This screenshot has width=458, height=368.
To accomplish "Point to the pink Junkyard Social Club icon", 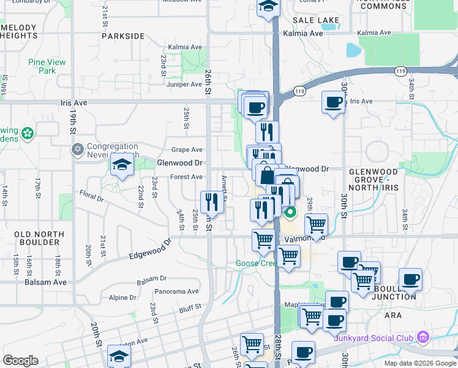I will tap(422, 337).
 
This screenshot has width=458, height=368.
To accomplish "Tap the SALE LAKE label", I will tap(315, 20).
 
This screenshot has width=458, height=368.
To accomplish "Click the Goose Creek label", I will tap(256, 264).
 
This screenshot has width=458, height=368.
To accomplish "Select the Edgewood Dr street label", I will tap(151, 251).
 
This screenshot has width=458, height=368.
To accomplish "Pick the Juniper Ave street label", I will tap(184, 84).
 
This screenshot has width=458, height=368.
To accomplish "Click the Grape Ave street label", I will tap(187, 150).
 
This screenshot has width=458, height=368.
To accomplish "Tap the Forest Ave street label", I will tap(186, 177).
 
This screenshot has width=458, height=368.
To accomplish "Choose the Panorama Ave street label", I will tap(176, 291).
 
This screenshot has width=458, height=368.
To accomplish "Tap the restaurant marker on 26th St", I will tap(209, 201).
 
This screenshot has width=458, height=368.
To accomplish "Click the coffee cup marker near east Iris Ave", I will tap(333, 102).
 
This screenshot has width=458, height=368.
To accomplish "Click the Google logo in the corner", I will tap(21, 361).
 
